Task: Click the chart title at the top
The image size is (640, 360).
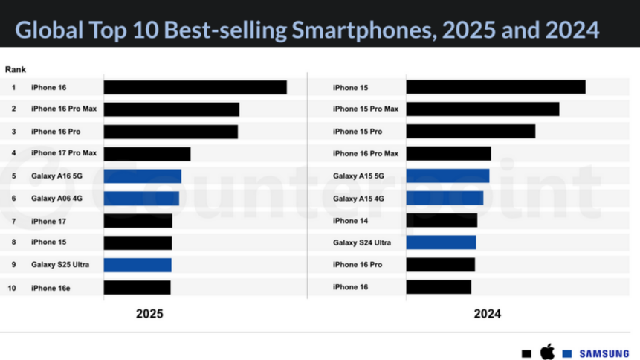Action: [x=307, y=30]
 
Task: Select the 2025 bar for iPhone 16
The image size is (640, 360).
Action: [x=195, y=87]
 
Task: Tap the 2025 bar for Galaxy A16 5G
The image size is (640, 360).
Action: [x=142, y=176]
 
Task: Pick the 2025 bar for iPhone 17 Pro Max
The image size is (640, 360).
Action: [x=146, y=154]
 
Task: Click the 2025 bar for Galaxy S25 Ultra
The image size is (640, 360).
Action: [x=138, y=265]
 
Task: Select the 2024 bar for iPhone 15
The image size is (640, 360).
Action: [x=496, y=87]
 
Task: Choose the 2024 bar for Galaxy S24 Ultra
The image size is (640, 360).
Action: [x=441, y=242]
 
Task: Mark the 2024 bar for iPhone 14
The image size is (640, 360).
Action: [x=442, y=220]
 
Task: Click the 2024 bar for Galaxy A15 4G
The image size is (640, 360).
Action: [x=445, y=198]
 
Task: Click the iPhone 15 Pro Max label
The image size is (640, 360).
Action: [x=366, y=109]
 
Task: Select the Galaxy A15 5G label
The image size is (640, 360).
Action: [x=359, y=176]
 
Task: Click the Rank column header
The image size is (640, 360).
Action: [x=16, y=69]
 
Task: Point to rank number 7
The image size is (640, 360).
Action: [x=13, y=221]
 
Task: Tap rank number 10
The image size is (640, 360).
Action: [x=13, y=287]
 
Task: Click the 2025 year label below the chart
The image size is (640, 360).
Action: [x=149, y=314]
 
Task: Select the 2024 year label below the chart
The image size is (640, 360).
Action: [x=488, y=314]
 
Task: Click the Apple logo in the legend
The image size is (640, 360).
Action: [x=547, y=351]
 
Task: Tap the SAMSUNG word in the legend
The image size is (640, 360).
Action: [x=604, y=353]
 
